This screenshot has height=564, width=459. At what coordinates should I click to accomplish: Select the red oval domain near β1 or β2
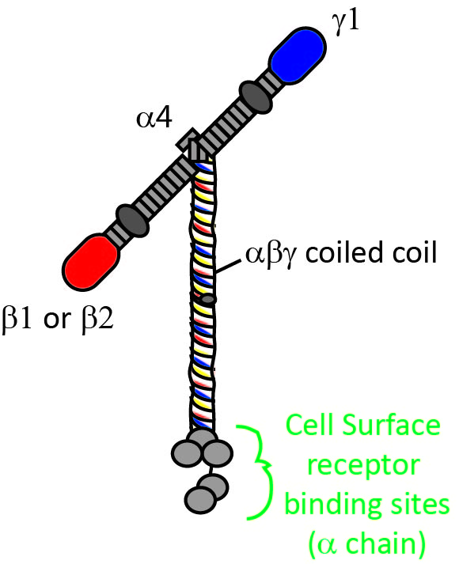click(x=94, y=259)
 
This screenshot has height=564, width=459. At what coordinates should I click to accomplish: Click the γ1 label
click(x=345, y=21)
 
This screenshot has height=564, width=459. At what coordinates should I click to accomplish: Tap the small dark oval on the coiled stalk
click(x=208, y=300)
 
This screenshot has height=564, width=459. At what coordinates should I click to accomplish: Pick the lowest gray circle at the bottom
click(x=200, y=498)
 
